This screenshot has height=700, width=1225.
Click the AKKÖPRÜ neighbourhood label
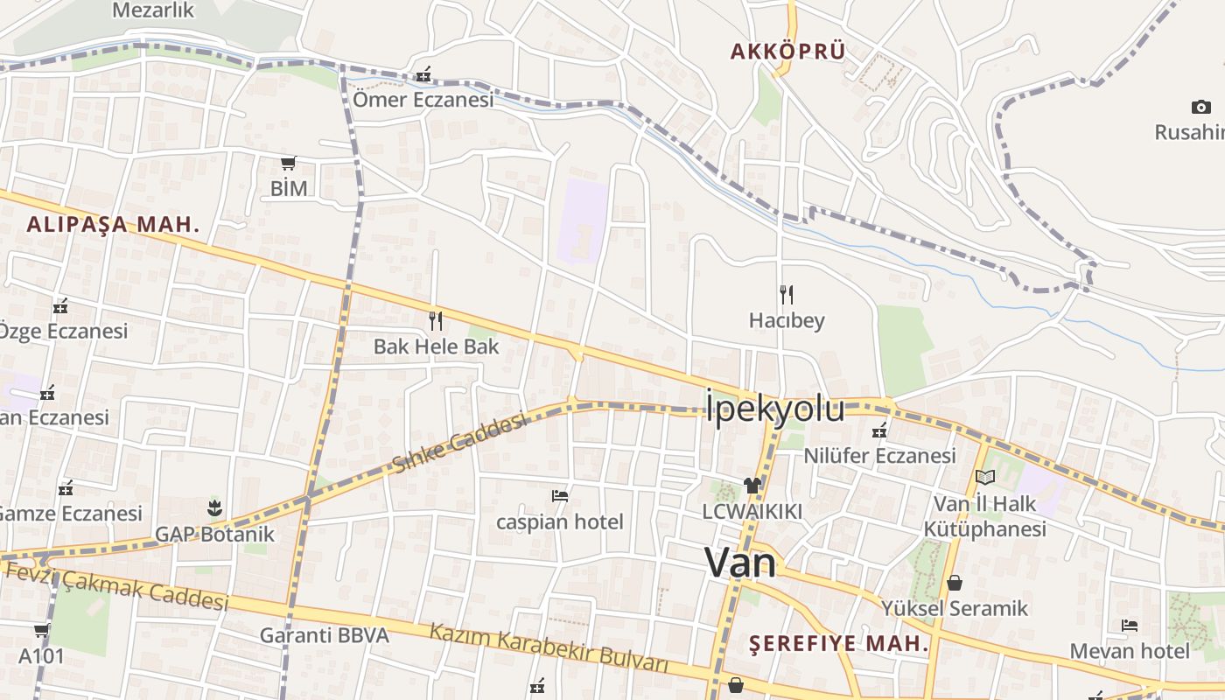coord(788,52)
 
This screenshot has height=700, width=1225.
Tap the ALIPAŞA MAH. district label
coord(113,224)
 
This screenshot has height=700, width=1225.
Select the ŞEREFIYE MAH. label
coord(839,644)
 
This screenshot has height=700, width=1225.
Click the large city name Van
coord(740,563)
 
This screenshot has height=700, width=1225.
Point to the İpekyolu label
coord(775,409)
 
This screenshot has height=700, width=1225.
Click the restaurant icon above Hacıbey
coord(787,294)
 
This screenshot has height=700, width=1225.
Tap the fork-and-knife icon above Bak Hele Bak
coord(436,321)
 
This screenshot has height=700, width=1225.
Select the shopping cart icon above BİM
coord(289,162)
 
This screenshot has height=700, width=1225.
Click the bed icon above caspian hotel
coord(560,496)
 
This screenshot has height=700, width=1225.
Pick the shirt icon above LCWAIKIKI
coord(752,485)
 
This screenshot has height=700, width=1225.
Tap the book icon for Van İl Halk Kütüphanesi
coord(985,477)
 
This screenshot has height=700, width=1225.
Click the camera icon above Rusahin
coord(1200,107)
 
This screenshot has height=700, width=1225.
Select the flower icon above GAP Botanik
coord(214,507)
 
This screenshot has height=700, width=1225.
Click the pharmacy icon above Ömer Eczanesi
coord(423,73)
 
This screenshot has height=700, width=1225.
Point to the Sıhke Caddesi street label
coord(460,444)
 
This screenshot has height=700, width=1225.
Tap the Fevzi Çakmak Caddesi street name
coord(117,586)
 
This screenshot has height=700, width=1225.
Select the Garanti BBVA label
coord(324,635)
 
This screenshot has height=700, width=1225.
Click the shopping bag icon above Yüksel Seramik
coord(955,582)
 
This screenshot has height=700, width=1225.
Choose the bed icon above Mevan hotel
coord(1130,626)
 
